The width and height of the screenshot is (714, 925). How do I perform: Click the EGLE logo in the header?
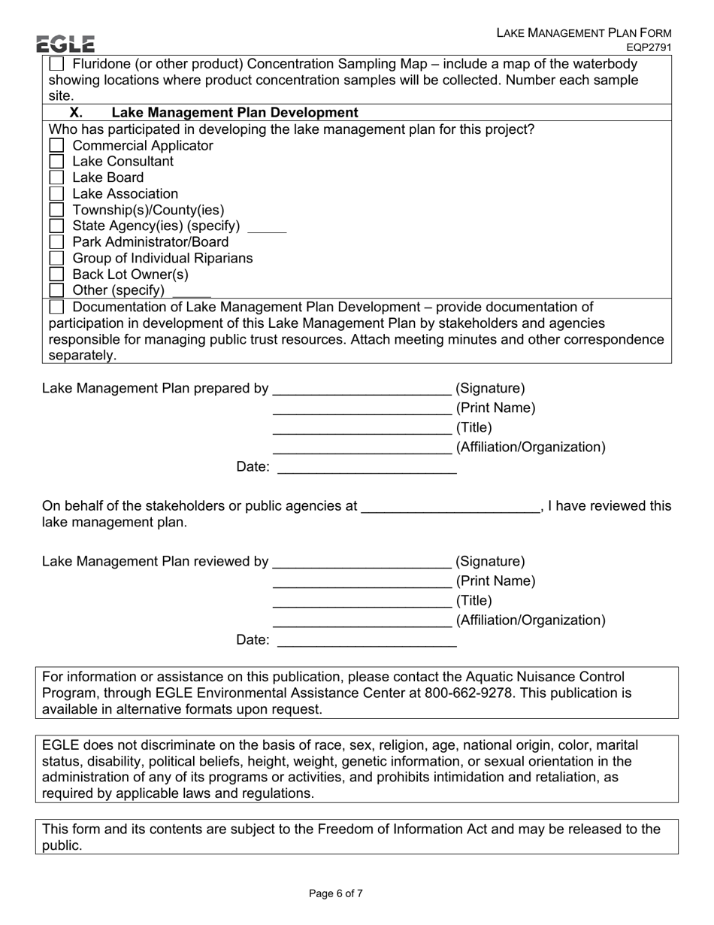click(x=65, y=44)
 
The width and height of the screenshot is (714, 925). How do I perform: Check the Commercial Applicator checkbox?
click(x=56, y=146)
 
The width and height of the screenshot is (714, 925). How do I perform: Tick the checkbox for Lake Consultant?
click(x=56, y=162)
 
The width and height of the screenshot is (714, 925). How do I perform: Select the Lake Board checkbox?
click(x=56, y=178)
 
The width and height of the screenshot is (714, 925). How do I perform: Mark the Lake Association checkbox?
click(x=56, y=194)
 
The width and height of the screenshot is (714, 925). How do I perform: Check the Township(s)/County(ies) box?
click(x=56, y=211)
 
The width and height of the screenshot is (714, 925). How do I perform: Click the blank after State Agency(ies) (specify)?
click(x=267, y=227)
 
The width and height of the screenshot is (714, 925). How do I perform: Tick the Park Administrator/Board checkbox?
click(x=56, y=242)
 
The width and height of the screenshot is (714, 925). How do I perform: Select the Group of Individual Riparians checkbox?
click(x=56, y=259)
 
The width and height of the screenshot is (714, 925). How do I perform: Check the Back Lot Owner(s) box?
click(x=56, y=274)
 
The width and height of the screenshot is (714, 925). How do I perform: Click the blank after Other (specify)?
click(x=192, y=292)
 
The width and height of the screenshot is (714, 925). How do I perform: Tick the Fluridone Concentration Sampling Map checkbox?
click(x=56, y=65)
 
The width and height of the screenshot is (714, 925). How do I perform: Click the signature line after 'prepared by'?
click(x=362, y=390)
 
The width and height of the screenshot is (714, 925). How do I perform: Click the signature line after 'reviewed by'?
click(x=362, y=563)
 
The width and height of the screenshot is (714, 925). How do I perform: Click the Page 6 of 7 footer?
click(x=336, y=893)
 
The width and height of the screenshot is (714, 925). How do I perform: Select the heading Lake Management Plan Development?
click(x=234, y=113)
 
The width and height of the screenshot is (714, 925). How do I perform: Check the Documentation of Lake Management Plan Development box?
click(x=56, y=308)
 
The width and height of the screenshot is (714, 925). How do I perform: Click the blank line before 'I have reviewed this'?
click(x=450, y=508)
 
